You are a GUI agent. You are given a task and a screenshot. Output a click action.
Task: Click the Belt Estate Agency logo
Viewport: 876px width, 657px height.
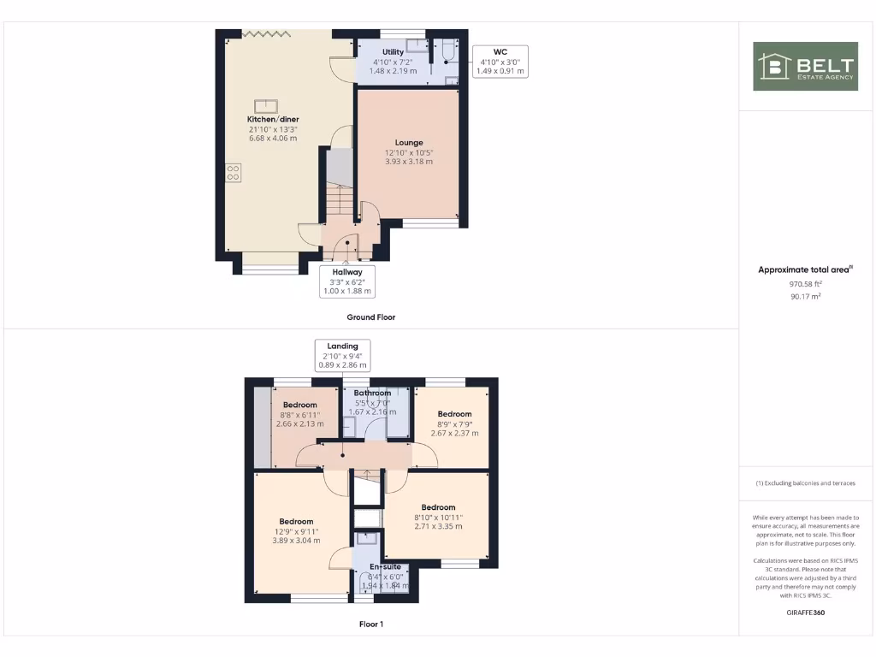pos(805,66)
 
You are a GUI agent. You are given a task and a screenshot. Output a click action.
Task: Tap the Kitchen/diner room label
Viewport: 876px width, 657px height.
pos(273,119)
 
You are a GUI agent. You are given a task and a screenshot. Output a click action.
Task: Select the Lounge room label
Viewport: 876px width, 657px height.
pos(409,143)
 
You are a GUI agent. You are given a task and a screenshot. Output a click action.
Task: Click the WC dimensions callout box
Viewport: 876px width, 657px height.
pos(500,62)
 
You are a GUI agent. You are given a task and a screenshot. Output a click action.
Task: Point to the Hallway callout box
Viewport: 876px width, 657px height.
pos(347,281)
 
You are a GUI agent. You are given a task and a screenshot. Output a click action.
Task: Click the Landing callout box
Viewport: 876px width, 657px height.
pos(342,355)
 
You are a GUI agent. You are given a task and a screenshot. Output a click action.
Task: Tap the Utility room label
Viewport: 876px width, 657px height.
pos(394,52)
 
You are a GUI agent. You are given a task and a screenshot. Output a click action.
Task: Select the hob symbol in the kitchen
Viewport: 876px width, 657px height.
pos(233,171)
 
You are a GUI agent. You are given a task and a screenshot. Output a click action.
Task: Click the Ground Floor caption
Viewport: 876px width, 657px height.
pos(370,317)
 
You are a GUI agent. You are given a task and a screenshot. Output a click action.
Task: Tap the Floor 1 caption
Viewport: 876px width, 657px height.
pos(370,624)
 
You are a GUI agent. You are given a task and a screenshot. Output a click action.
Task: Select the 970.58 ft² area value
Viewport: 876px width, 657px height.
pos(805,283)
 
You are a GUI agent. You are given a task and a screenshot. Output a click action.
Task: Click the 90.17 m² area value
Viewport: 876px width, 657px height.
pos(805,296)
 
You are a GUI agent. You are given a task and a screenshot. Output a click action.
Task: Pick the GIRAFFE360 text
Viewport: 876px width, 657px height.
pos(805,613)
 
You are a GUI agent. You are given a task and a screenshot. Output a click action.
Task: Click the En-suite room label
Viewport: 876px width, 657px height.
pos(385,566)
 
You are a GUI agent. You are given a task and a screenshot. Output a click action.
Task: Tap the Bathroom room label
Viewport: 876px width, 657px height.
pos(372,394)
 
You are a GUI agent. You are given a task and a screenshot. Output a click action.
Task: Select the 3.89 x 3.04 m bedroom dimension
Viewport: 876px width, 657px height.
pos(296,541)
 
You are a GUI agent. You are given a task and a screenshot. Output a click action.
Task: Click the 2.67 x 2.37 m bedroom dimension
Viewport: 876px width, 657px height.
pos(454,433)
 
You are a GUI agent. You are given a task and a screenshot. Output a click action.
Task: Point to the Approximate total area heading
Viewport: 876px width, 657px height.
pos(805,269)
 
